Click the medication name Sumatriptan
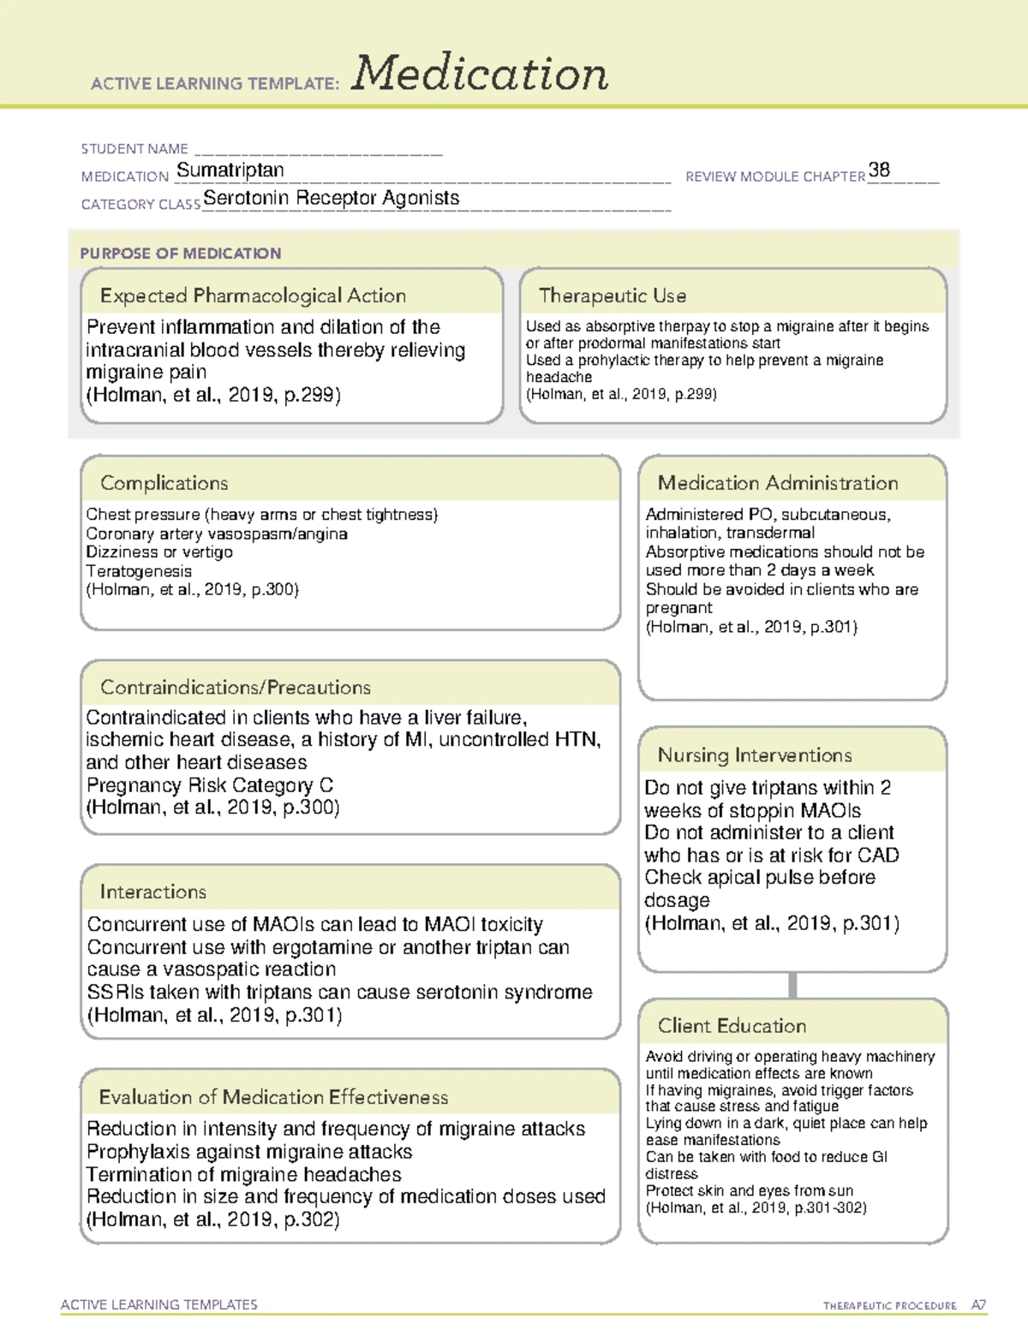(230, 170)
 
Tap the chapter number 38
(879, 170)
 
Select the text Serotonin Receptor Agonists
(331, 198)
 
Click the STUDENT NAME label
(134, 149)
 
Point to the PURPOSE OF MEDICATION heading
(180, 253)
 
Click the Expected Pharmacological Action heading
(253, 295)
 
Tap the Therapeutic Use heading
(612, 295)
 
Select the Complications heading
(164, 483)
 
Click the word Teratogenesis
(139, 571)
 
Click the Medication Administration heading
(777, 483)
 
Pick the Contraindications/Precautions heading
(235, 687)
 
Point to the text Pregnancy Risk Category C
(210, 785)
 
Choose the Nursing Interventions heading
(754, 754)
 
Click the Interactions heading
(152, 892)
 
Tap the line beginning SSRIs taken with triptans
(339, 992)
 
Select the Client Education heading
(732, 1025)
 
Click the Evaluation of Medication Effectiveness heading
(273, 1097)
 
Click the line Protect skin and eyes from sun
(749, 1190)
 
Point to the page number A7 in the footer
(978, 1305)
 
